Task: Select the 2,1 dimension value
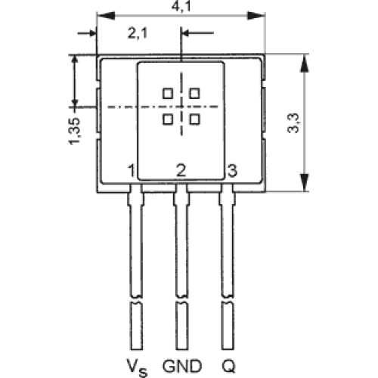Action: pos(137,33)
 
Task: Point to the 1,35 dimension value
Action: pos(75,131)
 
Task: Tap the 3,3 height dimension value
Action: pos(293,123)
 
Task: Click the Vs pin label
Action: pos(137,367)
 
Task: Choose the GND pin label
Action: pos(182,366)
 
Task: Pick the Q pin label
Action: pos(229,367)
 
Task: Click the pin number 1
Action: pos(132,171)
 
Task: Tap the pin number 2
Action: pos(181,170)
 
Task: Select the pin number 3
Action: pos(232,170)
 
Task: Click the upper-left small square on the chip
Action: pos(168,94)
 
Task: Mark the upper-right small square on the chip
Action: pos(194,94)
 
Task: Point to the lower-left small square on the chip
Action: pos(168,119)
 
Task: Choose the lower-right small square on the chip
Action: pos(194,119)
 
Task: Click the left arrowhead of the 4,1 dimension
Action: pos(106,16)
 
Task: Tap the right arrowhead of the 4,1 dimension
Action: pos(256,16)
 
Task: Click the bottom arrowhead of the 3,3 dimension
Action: pos(305,182)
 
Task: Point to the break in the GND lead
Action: pos(181,299)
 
